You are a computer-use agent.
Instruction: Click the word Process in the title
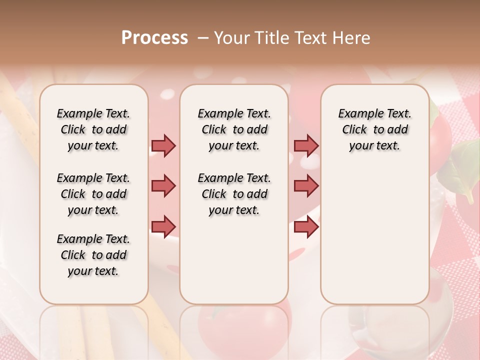tap(154, 37)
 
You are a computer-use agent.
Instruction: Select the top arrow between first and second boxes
tap(163, 145)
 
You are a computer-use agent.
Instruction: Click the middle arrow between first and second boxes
tap(163, 186)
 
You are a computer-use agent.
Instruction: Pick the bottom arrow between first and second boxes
tap(163, 226)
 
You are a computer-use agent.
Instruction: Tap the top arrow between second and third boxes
tap(306, 145)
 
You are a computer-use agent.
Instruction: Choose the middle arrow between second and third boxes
tap(306, 186)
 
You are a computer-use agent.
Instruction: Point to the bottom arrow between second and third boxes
tap(306, 226)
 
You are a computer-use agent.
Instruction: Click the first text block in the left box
tap(93, 129)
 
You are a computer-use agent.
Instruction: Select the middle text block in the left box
tap(93, 194)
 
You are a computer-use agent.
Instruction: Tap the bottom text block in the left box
tap(93, 255)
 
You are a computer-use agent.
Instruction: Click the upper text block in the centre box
tap(234, 129)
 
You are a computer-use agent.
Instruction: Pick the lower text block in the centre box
tap(234, 194)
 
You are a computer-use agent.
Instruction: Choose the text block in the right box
tap(375, 129)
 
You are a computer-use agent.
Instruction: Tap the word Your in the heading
tap(231, 37)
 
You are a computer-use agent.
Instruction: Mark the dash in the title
tap(203, 38)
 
